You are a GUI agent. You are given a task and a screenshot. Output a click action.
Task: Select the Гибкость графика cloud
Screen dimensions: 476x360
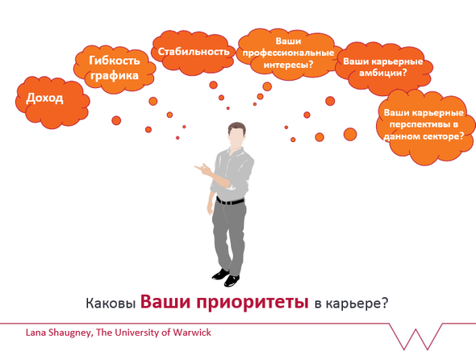click(x=115, y=69)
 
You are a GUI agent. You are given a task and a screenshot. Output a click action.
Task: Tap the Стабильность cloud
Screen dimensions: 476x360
click(x=194, y=52)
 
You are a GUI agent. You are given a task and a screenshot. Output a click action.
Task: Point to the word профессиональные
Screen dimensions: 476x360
click(x=288, y=52)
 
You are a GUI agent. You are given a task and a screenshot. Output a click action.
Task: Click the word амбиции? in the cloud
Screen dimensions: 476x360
click(x=382, y=73)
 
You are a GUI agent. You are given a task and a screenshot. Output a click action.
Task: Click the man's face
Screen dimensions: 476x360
click(x=236, y=137)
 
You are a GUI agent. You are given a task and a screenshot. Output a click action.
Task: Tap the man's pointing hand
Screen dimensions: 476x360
click(x=203, y=169)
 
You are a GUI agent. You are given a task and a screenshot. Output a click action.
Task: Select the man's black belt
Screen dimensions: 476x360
click(x=230, y=201)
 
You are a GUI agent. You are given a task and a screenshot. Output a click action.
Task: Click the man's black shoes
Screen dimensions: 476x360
click(x=226, y=278)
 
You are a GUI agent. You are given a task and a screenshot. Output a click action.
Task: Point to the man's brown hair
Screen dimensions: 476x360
click(x=236, y=128)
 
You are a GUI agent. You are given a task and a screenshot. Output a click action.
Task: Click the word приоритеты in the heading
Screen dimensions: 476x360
click(x=252, y=302)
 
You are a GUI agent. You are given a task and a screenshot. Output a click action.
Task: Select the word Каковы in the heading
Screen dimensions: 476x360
click(x=111, y=303)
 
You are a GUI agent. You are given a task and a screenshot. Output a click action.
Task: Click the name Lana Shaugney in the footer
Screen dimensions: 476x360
click(x=57, y=333)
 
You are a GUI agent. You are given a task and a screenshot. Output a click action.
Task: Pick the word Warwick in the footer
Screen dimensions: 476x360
click(x=192, y=333)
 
